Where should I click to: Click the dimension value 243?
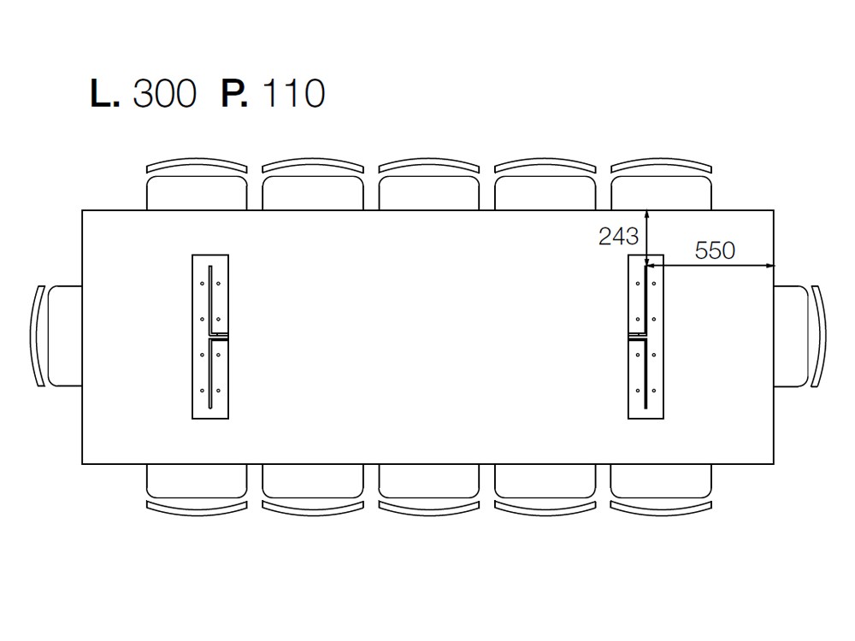618,237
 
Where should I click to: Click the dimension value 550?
715,250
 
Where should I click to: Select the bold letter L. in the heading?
104,93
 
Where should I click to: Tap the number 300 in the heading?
165,93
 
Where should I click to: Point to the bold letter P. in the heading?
234,93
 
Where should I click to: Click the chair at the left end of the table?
56,336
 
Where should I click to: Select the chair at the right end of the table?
800,336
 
